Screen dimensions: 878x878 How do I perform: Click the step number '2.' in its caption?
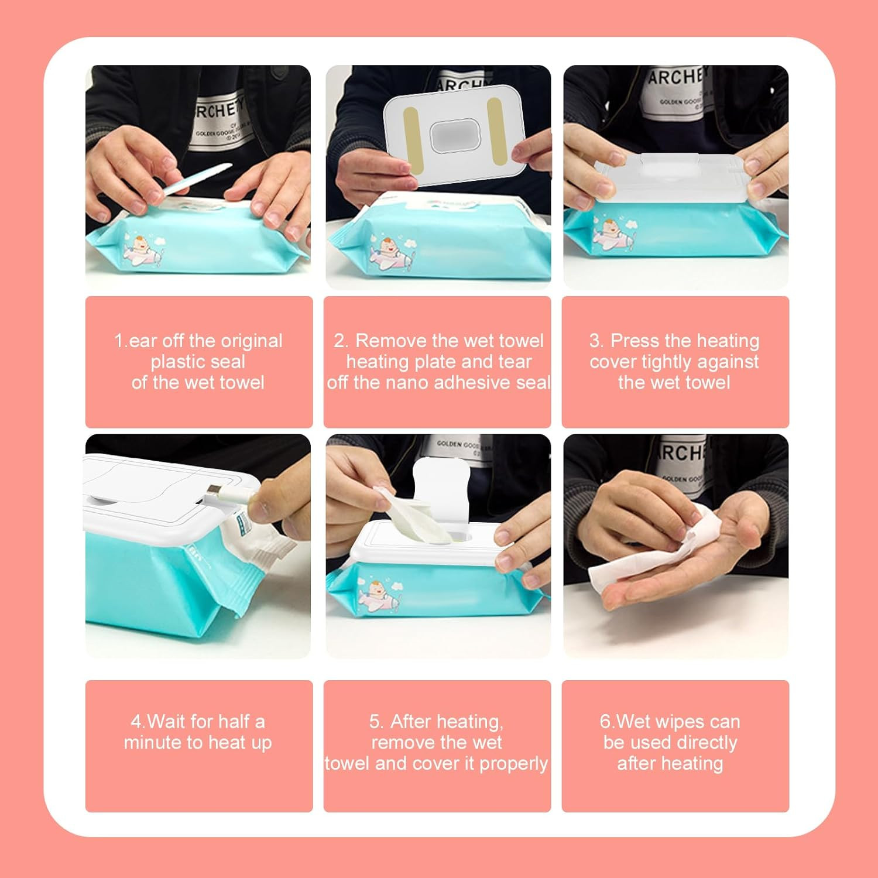(x=342, y=341)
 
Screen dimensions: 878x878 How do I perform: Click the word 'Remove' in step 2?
(x=390, y=341)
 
